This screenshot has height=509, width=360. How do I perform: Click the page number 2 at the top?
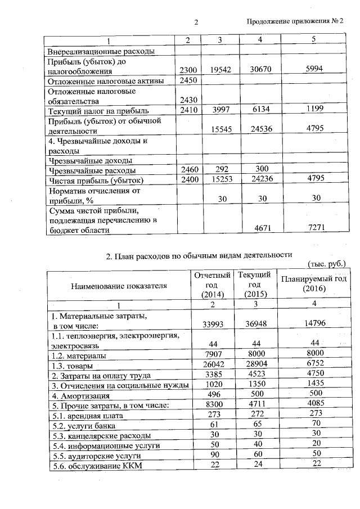pos(196,22)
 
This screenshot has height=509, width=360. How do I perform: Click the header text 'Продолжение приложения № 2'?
pos(295,21)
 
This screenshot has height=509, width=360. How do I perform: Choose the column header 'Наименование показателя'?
pos(119,285)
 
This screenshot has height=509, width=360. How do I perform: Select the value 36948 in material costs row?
pos(252,325)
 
